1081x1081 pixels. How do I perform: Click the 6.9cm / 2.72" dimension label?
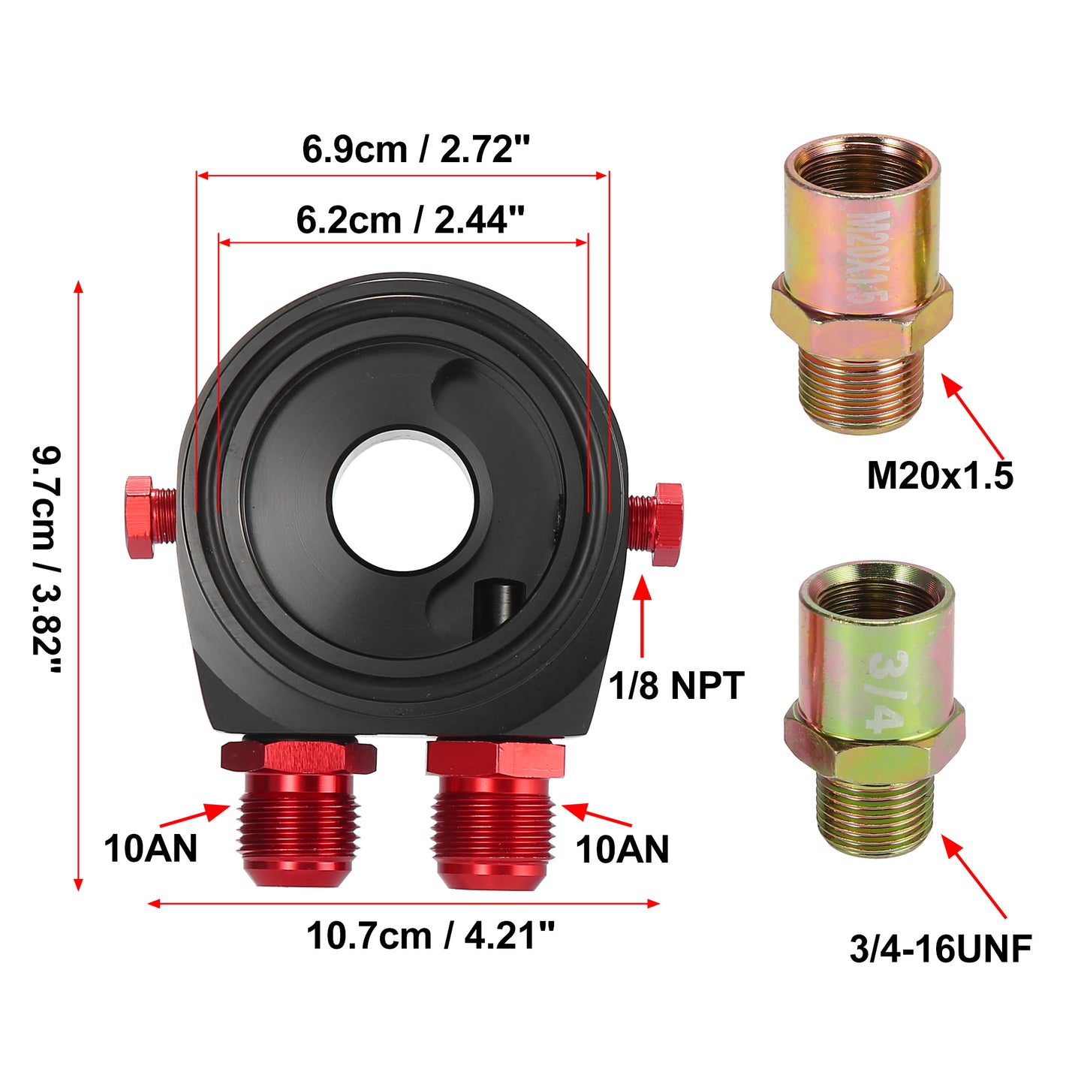(x=416, y=150)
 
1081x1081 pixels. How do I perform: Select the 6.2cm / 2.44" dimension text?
(x=410, y=220)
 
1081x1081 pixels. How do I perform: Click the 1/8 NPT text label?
(x=676, y=685)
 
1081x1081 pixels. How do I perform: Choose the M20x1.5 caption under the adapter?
(x=940, y=476)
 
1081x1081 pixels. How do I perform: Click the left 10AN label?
(x=150, y=849)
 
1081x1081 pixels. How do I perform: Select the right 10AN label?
(x=622, y=849)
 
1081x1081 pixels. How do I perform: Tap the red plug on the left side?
(x=149, y=517)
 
